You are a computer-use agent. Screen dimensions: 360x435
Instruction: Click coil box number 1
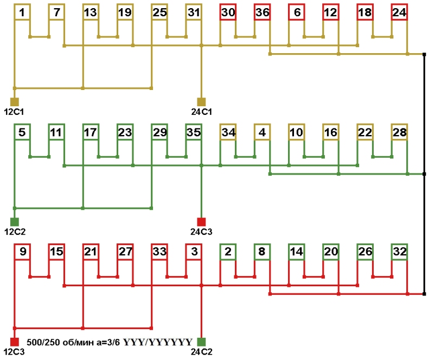click(x=22, y=12)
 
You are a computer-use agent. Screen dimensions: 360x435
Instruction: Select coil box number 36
click(x=262, y=12)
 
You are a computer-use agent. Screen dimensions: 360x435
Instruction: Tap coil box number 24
click(x=399, y=12)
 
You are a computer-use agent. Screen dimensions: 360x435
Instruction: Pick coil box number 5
click(x=22, y=132)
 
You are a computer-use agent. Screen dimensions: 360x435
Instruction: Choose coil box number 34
click(x=228, y=132)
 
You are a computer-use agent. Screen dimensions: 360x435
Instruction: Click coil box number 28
click(x=399, y=132)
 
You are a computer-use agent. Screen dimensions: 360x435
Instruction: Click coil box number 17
click(x=91, y=132)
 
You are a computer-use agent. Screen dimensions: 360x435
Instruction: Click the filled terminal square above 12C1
click(x=15, y=101)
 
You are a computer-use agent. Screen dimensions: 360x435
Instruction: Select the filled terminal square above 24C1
click(x=201, y=101)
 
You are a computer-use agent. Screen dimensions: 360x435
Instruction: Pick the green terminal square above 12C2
click(x=15, y=221)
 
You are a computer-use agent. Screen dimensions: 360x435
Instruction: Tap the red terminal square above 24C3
click(x=201, y=221)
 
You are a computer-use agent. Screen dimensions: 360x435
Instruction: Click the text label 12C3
click(x=15, y=352)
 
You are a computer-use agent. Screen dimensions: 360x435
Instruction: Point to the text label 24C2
click(x=201, y=352)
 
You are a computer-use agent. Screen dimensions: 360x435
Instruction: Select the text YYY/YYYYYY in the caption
click(x=157, y=342)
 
